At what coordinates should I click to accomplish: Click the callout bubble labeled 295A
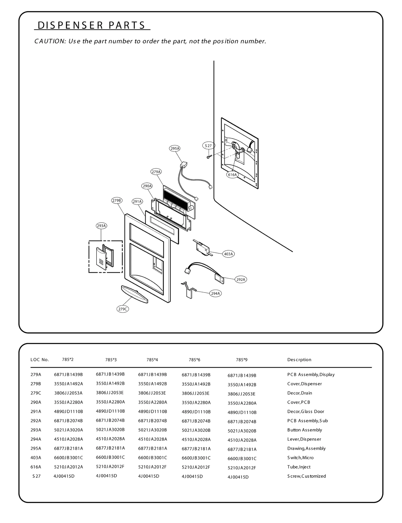click(175, 148)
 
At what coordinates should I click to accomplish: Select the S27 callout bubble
click(208, 146)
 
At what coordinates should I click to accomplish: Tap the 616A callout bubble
click(232, 175)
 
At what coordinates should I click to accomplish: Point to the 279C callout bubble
click(123, 309)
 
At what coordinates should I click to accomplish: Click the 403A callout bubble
click(228, 254)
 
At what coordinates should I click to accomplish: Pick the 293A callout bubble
click(102, 226)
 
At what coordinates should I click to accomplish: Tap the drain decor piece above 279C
click(134, 294)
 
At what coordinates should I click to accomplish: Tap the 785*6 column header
click(194, 360)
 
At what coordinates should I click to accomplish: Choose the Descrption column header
click(299, 360)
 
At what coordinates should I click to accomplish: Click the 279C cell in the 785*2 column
click(68, 393)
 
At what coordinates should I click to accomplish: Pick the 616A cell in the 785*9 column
click(242, 468)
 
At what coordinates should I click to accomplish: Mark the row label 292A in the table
click(36, 421)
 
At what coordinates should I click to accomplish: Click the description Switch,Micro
click(300, 457)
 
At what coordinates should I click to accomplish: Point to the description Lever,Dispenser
click(304, 439)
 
